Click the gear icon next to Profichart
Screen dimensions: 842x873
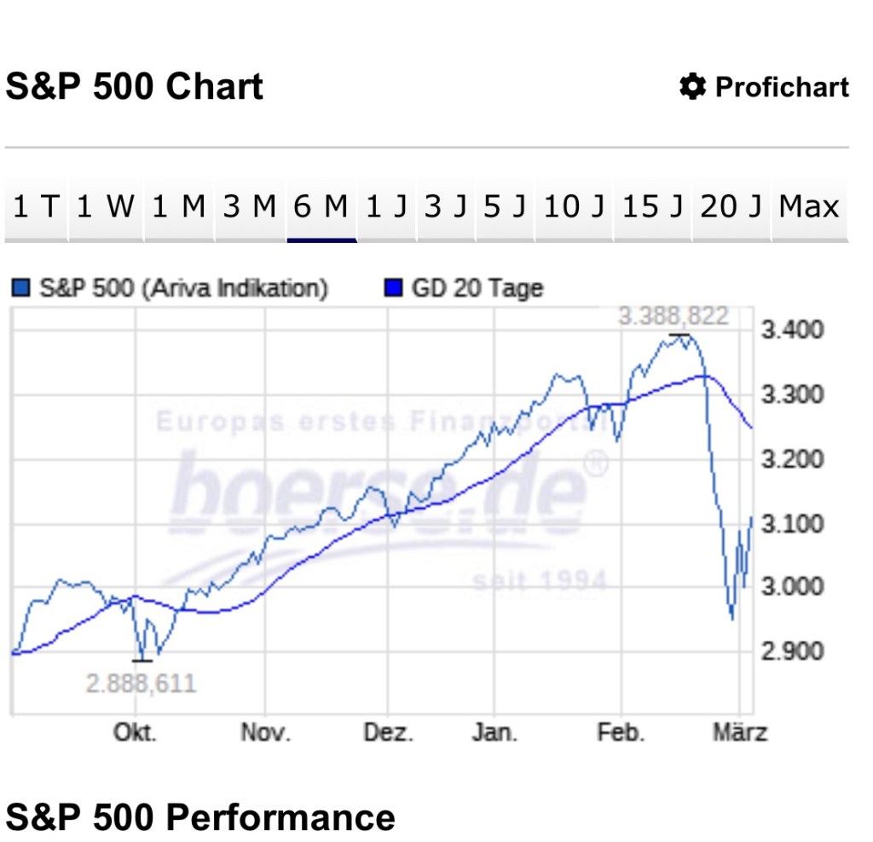coord(692,87)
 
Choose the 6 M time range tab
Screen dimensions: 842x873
coord(321,207)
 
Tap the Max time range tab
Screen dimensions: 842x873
coord(809,207)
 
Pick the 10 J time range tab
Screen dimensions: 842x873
coord(573,207)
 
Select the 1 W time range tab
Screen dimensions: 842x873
coord(106,207)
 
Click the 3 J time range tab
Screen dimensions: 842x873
coord(445,207)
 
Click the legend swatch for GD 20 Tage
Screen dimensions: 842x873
coord(393,288)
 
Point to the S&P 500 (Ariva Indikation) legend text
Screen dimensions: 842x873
coord(182,288)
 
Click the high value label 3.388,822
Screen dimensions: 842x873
coord(674,317)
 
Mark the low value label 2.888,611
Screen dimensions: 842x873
coord(141,683)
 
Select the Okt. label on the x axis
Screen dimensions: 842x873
coord(136,733)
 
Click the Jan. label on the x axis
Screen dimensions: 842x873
coord(494,733)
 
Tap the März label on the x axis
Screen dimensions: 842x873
coord(740,733)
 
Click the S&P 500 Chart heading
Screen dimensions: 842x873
coord(135,87)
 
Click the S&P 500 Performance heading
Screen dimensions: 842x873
coord(200,817)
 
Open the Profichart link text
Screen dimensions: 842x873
coord(782,87)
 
